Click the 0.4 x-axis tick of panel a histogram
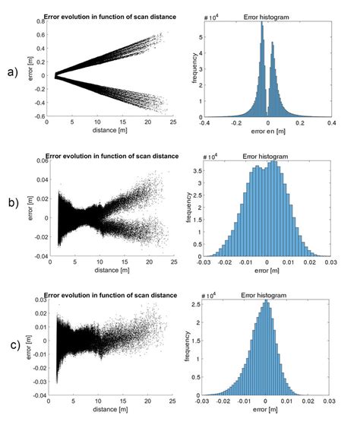[332, 123]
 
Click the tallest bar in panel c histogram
[266, 304]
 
